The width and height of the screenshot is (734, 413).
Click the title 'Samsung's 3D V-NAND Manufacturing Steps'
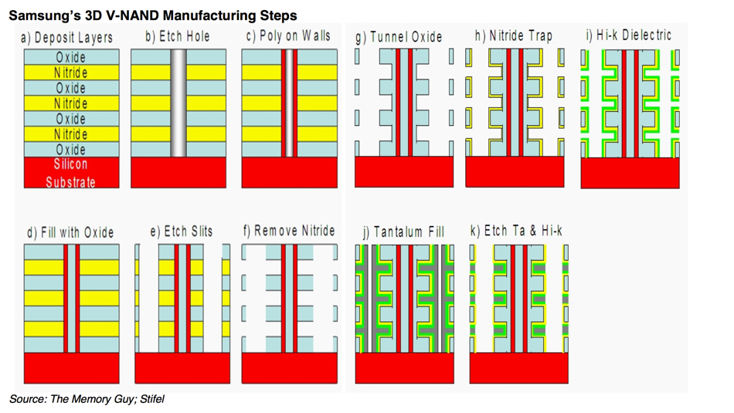152,15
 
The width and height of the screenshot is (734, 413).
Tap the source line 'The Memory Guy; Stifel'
87,399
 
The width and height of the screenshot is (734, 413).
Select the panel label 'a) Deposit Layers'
67,38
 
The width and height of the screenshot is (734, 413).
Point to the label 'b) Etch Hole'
177,36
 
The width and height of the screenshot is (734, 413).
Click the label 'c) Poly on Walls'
288,36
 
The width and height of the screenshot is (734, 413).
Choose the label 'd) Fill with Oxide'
70,232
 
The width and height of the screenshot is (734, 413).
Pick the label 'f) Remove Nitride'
289,231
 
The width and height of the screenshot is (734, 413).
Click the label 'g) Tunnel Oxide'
399,37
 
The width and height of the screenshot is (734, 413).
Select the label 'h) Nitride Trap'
514,36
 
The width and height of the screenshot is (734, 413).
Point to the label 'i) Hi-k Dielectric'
628,36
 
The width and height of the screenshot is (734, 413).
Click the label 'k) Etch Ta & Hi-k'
516,231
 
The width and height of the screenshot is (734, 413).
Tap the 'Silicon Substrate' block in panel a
71,173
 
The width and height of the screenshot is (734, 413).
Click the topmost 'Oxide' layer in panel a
71,57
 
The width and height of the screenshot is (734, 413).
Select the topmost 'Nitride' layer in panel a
71,73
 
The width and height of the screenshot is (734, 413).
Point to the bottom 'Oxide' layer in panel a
71,150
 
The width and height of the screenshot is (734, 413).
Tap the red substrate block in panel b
178,172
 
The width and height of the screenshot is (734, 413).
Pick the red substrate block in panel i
630,172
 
